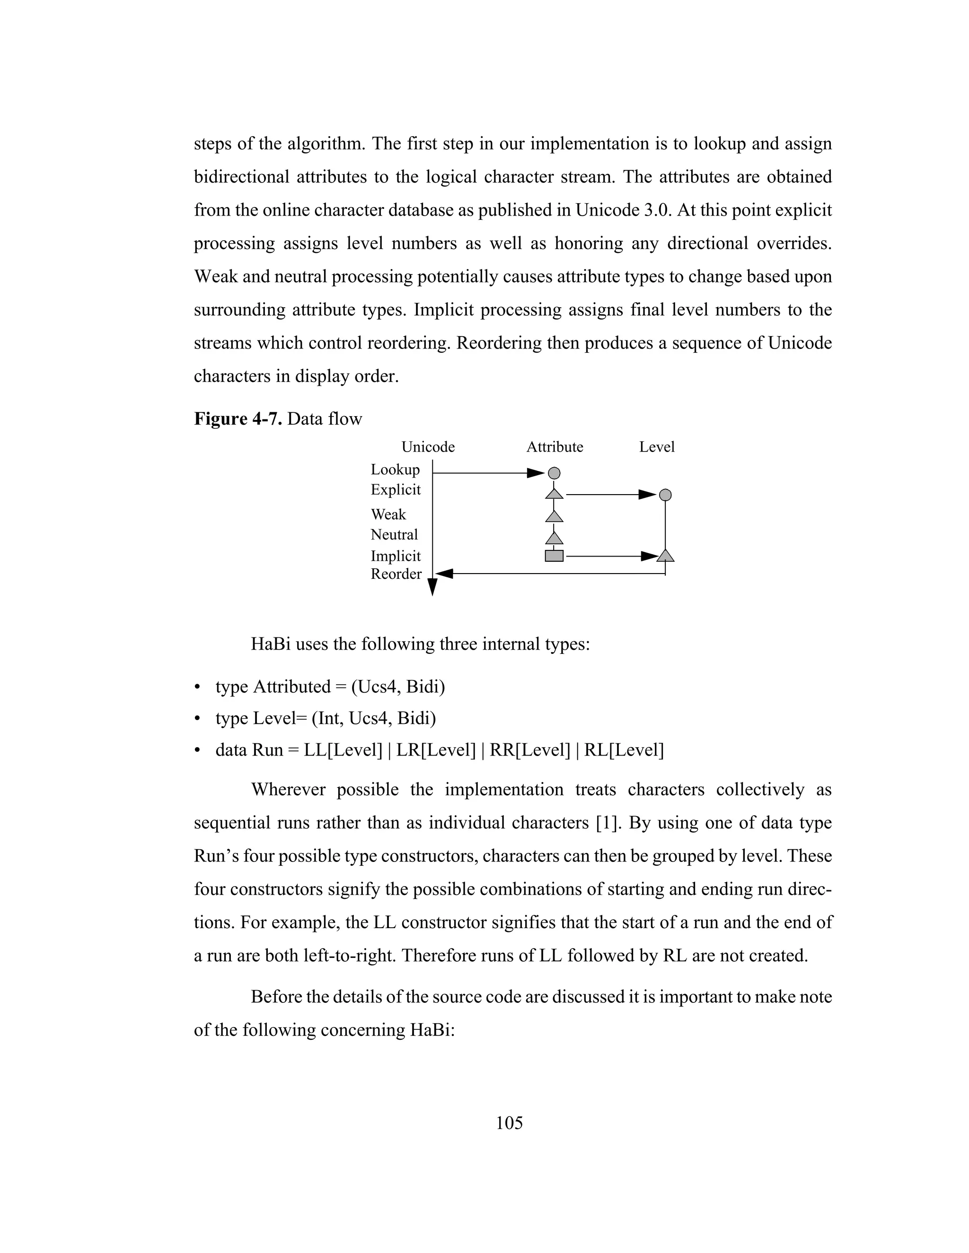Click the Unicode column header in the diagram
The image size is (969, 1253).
[x=428, y=447]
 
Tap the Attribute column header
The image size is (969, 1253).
[x=555, y=447]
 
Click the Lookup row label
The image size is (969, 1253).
[x=395, y=470]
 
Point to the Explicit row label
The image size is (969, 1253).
[x=396, y=489]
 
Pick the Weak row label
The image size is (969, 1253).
[x=388, y=514]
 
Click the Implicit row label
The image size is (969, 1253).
[x=396, y=556]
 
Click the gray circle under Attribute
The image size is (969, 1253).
[x=554, y=473]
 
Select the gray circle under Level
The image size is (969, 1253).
[x=665, y=495]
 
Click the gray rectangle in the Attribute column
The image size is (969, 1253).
[x=554, y=556]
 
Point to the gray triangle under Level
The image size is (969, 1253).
[x=665, y=556]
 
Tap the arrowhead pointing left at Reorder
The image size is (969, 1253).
[x=445, y=573]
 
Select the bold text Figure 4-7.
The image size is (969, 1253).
[x=238, y=419]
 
